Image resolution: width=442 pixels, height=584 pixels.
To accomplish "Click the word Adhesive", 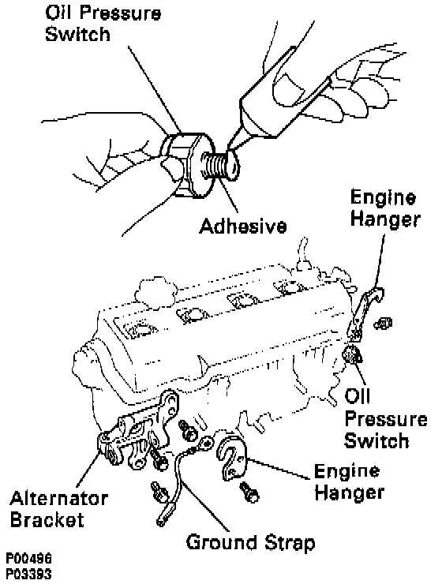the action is (x=243, y=226).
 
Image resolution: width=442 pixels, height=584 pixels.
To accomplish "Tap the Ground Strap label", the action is (x=250, y=544).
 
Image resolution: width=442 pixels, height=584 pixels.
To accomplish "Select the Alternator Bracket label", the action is (x=59, y=509).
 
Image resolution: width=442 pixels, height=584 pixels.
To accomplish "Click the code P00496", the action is (x=28, y=559).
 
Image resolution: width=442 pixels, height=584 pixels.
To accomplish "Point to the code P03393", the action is (x=28, y=574).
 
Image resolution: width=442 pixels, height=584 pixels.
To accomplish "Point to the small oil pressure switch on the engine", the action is (x=352, y=354).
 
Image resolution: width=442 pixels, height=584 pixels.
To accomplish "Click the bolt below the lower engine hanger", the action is (x=249, y=492).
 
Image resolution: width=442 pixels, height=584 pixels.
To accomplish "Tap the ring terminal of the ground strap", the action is (x=205, y=444).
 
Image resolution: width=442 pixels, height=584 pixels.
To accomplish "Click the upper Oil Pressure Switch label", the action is (x=103, y=24).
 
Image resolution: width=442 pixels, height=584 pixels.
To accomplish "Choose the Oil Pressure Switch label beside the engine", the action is (x=386, y=418).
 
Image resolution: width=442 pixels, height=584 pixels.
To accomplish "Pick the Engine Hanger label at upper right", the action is (x=385, y=208).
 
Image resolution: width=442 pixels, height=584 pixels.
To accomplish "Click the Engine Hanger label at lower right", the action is (x=349, y=481).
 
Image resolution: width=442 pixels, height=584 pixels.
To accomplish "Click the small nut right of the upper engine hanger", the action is (x=383, y=324).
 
